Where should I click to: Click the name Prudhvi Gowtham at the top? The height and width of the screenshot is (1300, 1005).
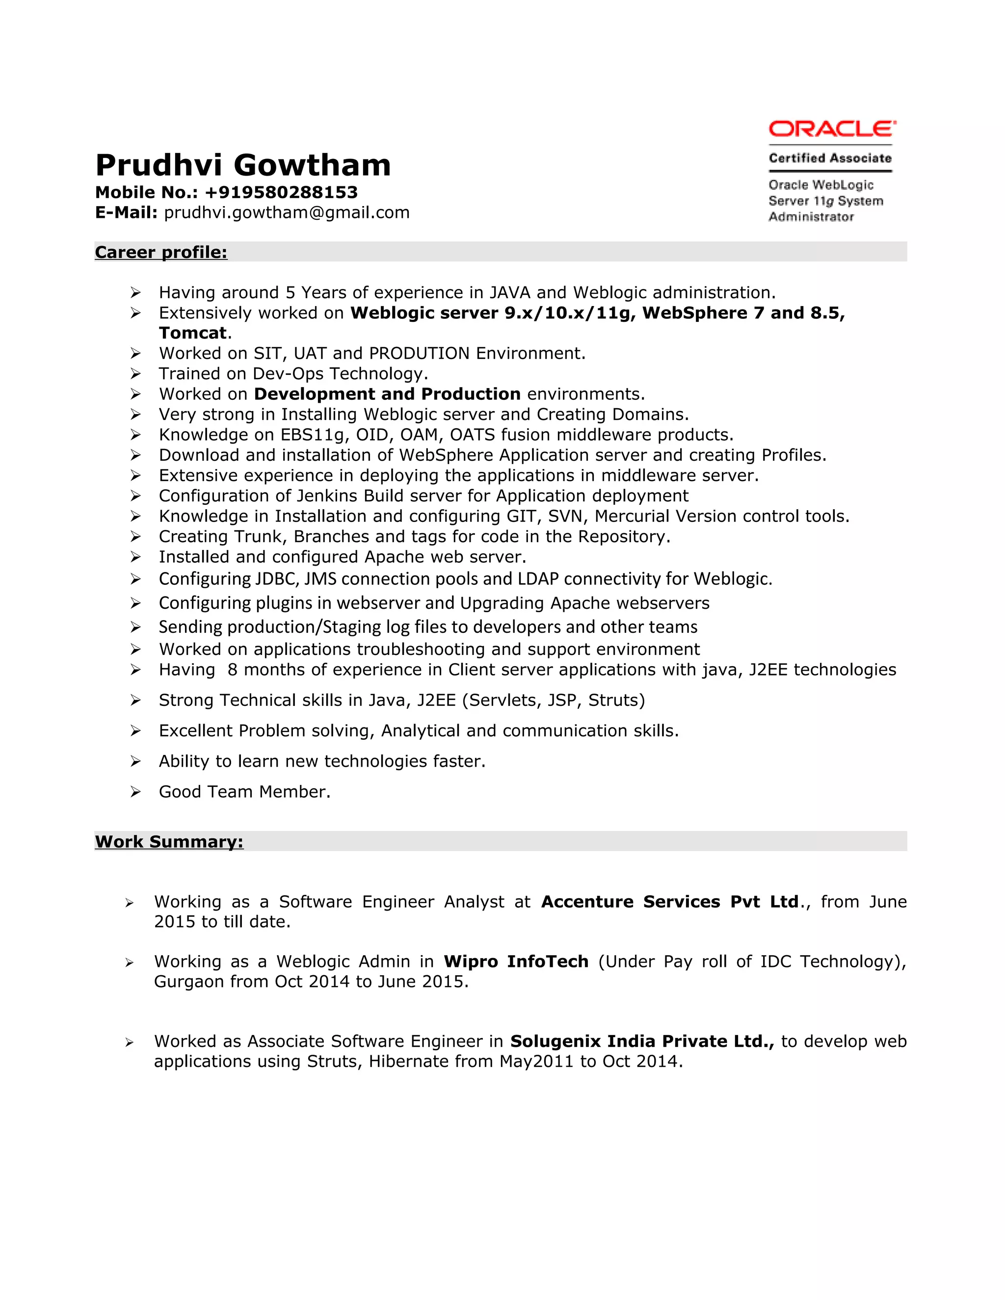click(x=243, y=165)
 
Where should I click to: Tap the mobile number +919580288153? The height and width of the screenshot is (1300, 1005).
click(x=281, y=192)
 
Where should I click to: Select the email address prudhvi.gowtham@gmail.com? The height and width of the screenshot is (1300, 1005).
click(x=287, y=212)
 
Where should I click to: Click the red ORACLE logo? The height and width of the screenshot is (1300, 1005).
click(x=832, y=129)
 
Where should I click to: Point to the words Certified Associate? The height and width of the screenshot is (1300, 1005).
click(x=830, y=158)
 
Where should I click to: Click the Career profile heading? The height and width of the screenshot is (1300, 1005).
click(x=161, y=252)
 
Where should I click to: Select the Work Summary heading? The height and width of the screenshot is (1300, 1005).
click(x=169, y=842)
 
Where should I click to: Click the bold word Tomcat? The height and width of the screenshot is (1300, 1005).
click(x=193, y=333)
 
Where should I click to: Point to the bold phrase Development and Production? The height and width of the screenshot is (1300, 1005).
click(x=387, y=394)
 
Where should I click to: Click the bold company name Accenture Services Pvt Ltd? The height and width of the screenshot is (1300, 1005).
click(x=670, y=902)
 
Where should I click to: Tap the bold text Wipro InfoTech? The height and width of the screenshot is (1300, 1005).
click(x=516, y=962)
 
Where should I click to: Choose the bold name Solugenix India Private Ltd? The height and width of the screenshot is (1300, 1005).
click(x=642, y=1041)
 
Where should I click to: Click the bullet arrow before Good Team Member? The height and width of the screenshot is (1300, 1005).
click(x=136, y=792)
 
